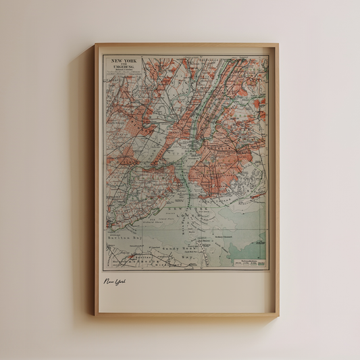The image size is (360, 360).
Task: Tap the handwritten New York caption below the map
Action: point(115,282)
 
